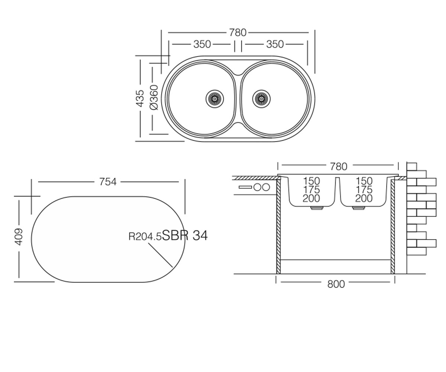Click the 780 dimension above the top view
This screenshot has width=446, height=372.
tap(238, 33)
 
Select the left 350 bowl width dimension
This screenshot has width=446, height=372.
tap(202, 44)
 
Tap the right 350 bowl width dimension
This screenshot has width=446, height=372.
tap(275, 44)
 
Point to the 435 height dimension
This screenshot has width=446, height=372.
tap(140, 98)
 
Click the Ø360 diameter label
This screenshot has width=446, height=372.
tap(154, 97)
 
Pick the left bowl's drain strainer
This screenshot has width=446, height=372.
tap(215, 99)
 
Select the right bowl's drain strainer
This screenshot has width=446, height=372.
tap(261, 99)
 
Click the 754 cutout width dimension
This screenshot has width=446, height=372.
tap(108, 182)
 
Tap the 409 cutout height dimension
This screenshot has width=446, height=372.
tap(19, 237)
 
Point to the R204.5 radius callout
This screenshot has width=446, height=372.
tap(145, 237)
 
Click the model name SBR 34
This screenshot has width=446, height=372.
tap(185, 235)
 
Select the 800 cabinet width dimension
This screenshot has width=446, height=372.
tap(336, 284)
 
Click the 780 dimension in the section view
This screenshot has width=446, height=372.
tap(339, 167)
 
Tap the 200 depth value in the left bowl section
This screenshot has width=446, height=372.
tap(311, 199)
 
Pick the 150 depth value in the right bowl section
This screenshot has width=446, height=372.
tap(364, 181)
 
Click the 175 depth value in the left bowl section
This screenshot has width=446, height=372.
tap(311, 190)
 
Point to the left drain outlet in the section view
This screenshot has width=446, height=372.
tap(317, 208)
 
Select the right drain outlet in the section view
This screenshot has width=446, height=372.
tap(359, 208)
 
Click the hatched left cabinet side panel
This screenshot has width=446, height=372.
tap(278, 227)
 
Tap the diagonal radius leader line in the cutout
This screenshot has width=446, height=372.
tap(161, 255)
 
